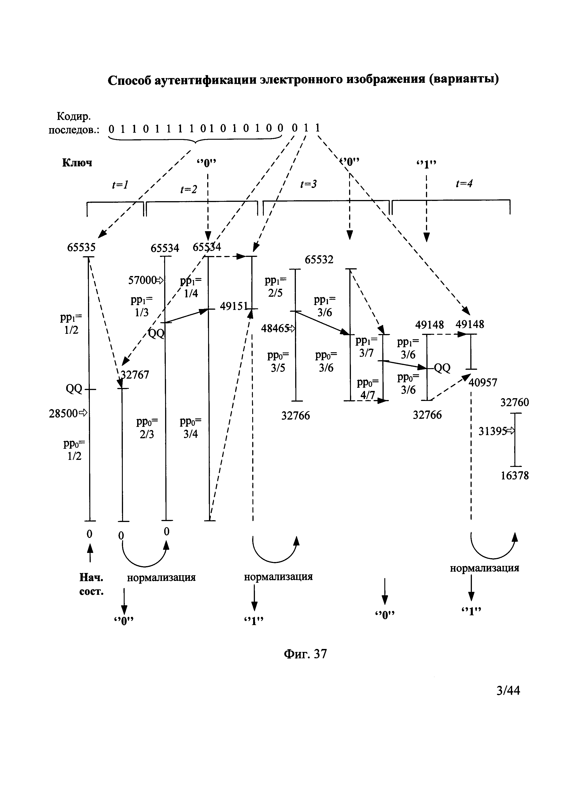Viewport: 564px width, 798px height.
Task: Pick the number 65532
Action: click(x=319, y=260)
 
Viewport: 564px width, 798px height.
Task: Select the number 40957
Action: click(x=483, y=383)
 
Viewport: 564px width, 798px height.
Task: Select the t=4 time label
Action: click(x=464, y=183)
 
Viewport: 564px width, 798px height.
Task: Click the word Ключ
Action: click(x=77, y=163)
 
